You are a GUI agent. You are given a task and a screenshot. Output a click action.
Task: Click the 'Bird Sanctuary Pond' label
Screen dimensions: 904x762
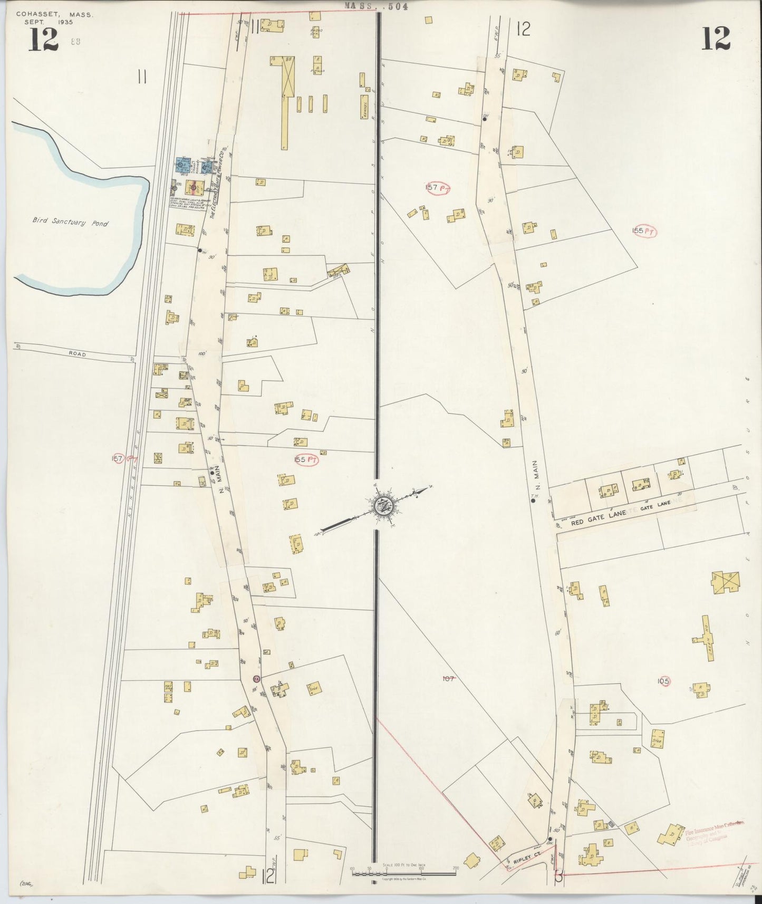click(x=70, y=223)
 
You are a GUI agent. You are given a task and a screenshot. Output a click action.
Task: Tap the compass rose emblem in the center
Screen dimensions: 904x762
click(x=383, y=506)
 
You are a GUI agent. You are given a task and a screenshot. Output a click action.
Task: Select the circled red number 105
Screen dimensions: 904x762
click(x=663, y=681)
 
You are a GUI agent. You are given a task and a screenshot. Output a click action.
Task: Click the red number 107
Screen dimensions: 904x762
click(x=448, y=679)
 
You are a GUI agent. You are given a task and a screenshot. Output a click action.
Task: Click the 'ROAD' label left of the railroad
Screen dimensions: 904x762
click(x=76, y=355)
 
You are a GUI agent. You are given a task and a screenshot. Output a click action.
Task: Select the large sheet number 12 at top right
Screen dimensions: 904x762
click(x=715, y=39)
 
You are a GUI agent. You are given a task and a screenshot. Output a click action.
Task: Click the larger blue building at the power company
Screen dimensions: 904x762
click(x=182, y=165)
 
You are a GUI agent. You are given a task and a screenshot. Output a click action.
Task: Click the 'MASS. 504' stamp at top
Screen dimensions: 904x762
click(x=375, y=6)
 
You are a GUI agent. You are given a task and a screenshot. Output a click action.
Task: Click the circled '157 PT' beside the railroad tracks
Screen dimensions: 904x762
click(x=121, y=459)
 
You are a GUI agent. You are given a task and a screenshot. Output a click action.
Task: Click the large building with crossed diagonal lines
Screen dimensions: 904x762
click(x=726, y=582)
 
